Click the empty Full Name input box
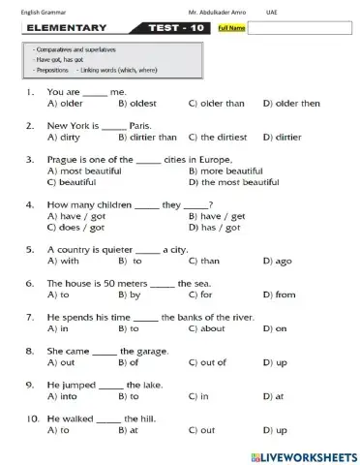(300, 29)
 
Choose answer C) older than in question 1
(217, 103)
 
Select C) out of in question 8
(207, 362)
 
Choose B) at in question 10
(127, 429)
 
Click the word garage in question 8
(135, 350)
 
